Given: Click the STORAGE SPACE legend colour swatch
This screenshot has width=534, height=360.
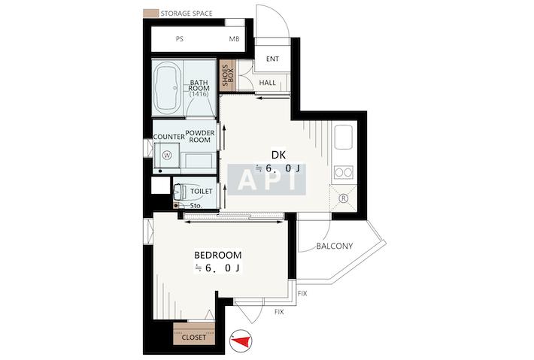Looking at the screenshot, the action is click(150, 14).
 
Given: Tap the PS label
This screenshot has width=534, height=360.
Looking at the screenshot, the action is click(180, 39).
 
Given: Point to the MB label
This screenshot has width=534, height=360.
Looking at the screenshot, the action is click(234, 39).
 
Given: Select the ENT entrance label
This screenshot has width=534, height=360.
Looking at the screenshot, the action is click(272, 59).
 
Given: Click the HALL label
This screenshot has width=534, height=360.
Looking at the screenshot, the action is click(267, 83).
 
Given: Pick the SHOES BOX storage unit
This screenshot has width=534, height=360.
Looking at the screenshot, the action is click(228, 76).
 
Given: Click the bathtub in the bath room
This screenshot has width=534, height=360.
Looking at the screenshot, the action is click(168, 89).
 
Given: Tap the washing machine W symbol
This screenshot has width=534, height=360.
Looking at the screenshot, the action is click(167, 156).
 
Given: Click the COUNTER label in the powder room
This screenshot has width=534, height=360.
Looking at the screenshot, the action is click(169, 137).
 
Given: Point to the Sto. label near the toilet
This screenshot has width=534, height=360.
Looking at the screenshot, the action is click(196, 205).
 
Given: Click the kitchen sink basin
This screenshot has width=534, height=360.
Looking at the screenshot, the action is click(343, 137).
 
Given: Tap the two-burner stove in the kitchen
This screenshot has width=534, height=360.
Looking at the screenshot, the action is click(343, 173).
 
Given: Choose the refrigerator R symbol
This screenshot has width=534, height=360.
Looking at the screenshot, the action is click(344, 198).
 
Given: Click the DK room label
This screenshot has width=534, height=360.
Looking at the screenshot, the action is click(278, 155).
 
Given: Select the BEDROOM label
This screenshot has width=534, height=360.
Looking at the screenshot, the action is click(218, 255).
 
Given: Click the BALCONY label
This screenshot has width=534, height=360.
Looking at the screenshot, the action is click(335, 246).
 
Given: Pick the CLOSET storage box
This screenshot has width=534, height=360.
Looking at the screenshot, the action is click(194, 334).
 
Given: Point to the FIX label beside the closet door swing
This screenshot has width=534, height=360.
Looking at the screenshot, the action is click(279, 312).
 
